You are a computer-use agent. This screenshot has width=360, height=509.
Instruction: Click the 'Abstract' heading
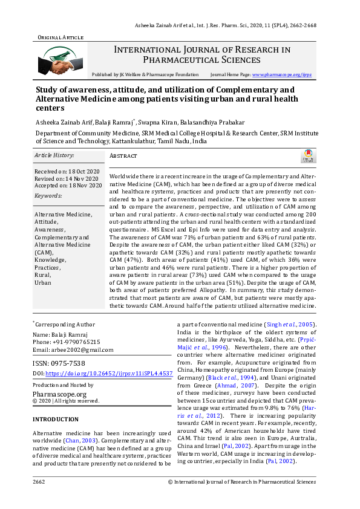(x=123, y=155)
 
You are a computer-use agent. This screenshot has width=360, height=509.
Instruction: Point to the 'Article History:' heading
(x=54, y=155)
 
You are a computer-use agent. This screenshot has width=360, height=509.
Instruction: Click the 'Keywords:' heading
(x=48, y=196)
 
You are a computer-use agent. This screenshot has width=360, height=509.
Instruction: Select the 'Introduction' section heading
(x=55, y=419)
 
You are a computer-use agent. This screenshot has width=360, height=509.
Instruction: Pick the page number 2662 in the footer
(x=39, y=482)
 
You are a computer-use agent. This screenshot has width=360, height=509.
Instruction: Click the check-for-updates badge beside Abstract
(x=309, y=157)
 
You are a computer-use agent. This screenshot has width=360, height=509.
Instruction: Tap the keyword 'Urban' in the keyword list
(x=43, y=282)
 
